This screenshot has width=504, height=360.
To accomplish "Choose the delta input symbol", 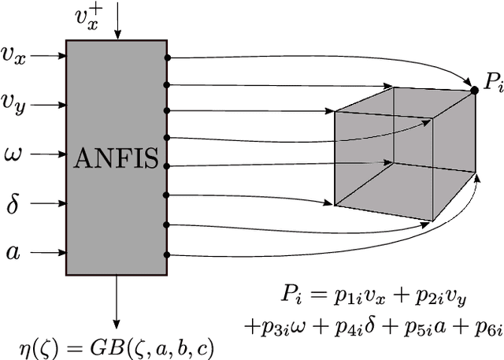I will (x=13, y=203).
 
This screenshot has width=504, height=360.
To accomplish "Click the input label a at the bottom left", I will (x=13, y=253).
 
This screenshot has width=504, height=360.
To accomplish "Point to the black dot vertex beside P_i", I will (x=473, y=91).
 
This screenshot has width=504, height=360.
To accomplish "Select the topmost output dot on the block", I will (x=167, y=58).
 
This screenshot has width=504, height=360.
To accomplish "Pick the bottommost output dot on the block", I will (x=167, y=254).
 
